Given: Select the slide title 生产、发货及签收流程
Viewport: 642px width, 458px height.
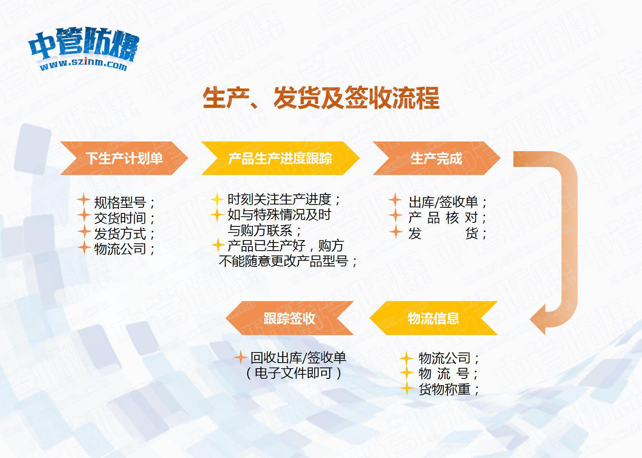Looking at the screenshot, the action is [321, 98].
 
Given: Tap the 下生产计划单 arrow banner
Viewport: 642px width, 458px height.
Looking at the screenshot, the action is [124, 158].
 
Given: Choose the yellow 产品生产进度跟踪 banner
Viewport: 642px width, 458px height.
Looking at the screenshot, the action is [280, 158].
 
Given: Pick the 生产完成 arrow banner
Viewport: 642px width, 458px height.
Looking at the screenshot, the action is [436, 158].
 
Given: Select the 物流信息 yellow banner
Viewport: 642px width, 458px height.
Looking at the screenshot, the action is [433, 318].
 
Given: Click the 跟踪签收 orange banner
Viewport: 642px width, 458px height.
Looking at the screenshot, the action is [290, 318].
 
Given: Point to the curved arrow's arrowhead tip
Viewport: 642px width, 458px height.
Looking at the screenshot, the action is [530, 319].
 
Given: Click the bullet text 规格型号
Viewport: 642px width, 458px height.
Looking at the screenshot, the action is [120, 203].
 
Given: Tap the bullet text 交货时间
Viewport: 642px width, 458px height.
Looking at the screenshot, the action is [120, 218].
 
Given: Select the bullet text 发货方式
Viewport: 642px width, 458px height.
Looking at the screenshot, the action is [120, 233].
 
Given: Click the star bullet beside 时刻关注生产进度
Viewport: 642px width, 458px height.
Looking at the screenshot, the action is [217, 199].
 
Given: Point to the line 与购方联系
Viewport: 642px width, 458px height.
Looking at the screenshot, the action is [260, 230].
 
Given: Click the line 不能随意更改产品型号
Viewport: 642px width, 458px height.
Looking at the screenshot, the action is [284, 261].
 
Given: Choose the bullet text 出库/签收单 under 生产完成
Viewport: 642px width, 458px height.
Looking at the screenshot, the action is [443, 202].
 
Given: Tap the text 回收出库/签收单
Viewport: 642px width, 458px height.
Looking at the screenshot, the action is [298, 357].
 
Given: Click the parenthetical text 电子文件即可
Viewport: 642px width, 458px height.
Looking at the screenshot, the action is [293, 373].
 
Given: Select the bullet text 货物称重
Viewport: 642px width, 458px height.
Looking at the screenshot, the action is [445, 389].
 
